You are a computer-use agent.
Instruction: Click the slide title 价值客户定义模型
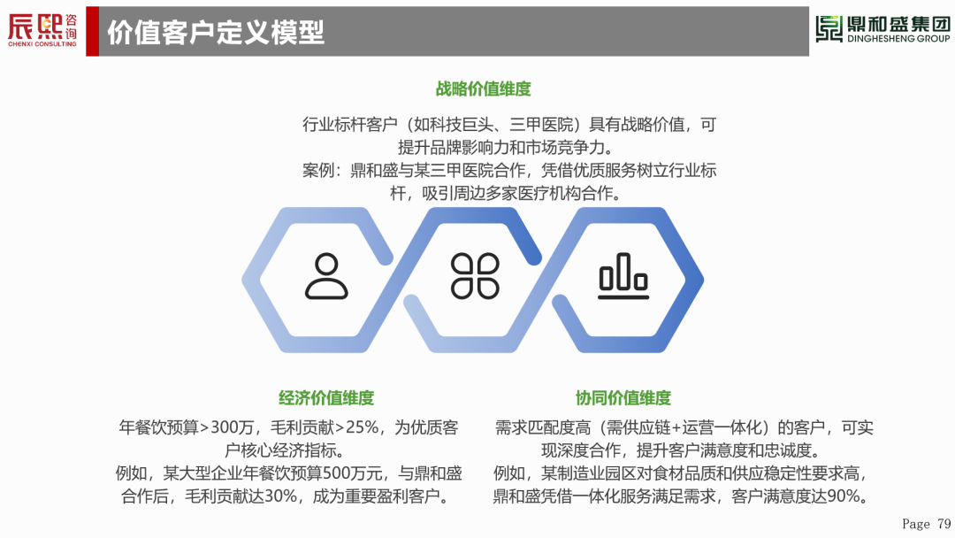tap(215, 32)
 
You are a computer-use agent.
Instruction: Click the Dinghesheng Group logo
tap(882, 29)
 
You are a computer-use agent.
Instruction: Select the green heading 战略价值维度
tap(483, 88)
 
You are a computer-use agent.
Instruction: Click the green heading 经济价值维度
tap(326, 397)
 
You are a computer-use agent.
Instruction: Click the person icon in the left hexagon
tap(326, 275)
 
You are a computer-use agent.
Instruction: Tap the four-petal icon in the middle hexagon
tap(475, 275)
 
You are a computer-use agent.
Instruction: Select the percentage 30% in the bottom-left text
tap(280, 496)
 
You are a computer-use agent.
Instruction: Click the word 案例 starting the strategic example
tap(317, 171)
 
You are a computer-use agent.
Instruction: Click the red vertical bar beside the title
tap(92, 31)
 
